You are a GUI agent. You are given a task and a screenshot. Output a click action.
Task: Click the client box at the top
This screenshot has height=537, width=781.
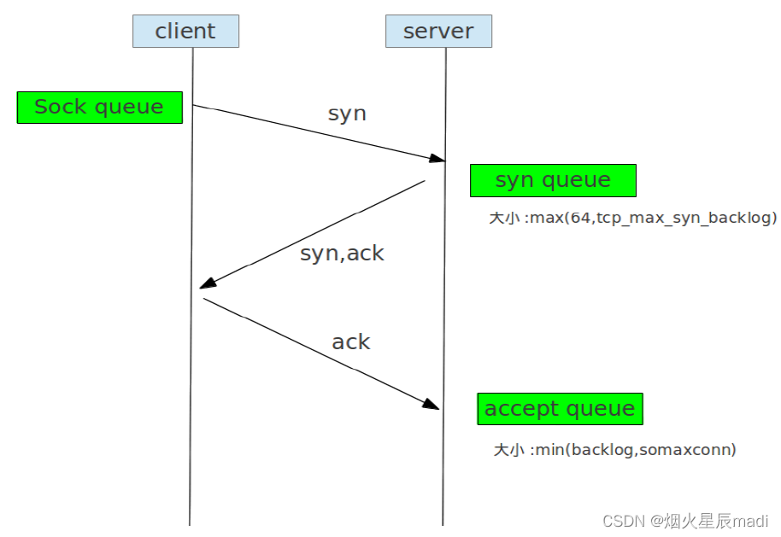click(x=185, y=32)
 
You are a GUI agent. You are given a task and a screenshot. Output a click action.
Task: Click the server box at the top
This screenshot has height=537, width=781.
click(x=438, y=32)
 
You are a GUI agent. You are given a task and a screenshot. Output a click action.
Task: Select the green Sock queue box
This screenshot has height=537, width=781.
click(x=99, y=108)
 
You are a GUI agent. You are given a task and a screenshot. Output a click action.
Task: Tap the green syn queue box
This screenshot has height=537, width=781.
click(x=553, y=181)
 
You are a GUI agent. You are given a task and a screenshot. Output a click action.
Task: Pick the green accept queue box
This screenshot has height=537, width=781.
click(x=560, y=409)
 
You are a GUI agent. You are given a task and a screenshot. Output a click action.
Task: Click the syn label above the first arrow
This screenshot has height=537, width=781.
click(x=347, y=114)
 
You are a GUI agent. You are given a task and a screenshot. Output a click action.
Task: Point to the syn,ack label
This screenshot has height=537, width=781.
click(x=342, y=254)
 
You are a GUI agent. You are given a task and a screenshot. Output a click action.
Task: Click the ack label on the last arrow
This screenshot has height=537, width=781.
click(x=350, y=342)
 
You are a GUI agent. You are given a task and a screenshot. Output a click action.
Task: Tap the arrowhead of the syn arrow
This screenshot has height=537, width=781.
click(x=437, y=159)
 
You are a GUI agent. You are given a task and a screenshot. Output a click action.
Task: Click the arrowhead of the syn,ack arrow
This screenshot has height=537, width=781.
click(x=207, y=283)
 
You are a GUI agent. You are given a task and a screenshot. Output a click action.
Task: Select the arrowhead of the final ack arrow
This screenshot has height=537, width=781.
click(x=432, y=405)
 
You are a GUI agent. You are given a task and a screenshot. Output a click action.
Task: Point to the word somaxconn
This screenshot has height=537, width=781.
click(x=691, y=449)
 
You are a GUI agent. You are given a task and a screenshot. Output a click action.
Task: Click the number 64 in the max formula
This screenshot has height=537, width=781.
click(x=580, y=218)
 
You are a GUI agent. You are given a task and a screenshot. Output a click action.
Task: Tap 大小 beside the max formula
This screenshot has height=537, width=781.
click(x=504, y=218)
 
